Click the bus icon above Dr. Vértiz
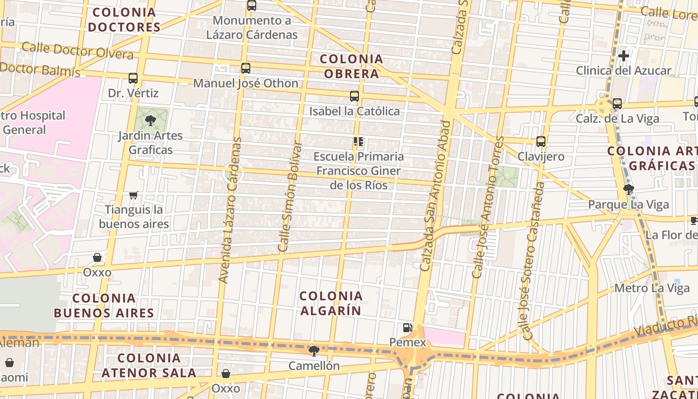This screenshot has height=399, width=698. tap(133, 78)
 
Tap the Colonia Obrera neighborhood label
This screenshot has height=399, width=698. tap(351, 66)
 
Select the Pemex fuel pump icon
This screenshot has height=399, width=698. tap(408, 328)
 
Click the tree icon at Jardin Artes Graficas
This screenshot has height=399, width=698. tap(150, 120)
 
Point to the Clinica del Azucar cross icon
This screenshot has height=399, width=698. tap(623, 56)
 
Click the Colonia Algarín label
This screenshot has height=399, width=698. tap(331, 303)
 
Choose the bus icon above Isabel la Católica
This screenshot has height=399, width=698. tap(354, 96)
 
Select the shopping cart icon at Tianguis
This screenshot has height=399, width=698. tap(133, 195)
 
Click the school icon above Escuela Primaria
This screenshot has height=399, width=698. tap(358, 142)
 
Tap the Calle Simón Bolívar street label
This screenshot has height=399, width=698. tap(290, 197)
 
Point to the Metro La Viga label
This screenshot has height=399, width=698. tap(645, 288)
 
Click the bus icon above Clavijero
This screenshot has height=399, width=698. tap(541, 142)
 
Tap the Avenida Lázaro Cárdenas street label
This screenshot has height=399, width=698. tap(230, 210)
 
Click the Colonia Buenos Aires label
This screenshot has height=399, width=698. tap(104, 306)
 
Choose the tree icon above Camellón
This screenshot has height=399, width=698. tap(314, 351)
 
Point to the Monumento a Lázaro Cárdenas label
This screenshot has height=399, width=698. tap(252, 27)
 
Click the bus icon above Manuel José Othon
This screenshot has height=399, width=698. tap(245, 68)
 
